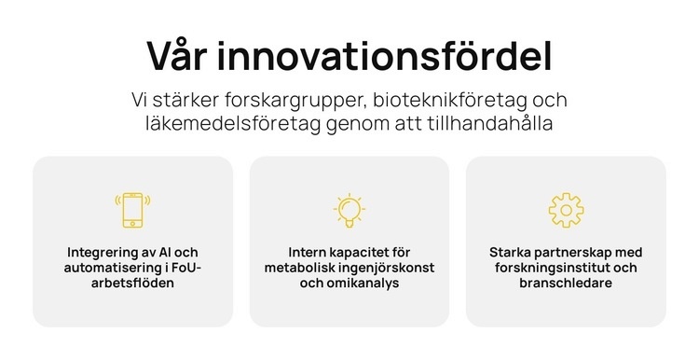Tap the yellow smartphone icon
132,210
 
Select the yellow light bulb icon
349,210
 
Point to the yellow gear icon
566,210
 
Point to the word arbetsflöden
132,283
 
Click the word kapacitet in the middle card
364,253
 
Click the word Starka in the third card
509,253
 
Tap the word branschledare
566,283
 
